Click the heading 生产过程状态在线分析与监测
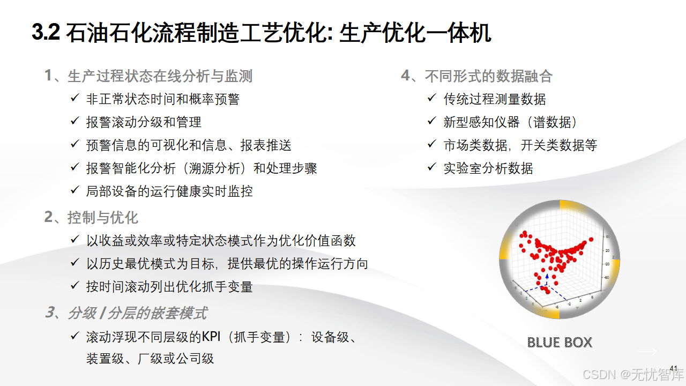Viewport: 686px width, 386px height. click(160, 76)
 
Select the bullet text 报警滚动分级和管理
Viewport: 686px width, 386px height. click(144, 122)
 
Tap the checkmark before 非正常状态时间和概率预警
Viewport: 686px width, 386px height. click(75, 98)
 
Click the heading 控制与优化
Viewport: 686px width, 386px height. click(103, 217)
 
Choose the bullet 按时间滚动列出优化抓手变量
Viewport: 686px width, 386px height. click(169, 286)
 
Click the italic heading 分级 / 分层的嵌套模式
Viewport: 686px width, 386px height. click(137, 313)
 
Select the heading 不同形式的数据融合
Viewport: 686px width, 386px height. click(488, 76)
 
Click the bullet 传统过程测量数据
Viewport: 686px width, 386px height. click(495, 99)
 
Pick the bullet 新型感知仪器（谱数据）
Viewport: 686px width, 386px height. click(511, 122)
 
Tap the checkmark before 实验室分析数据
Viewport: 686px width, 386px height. click(432, 167)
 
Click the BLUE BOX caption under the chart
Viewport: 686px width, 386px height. click(560, 342)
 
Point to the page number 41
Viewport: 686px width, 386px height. click(674, 368)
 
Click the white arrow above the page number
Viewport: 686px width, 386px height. click(646, 352)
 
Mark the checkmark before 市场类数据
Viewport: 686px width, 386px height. click(432, 144)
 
